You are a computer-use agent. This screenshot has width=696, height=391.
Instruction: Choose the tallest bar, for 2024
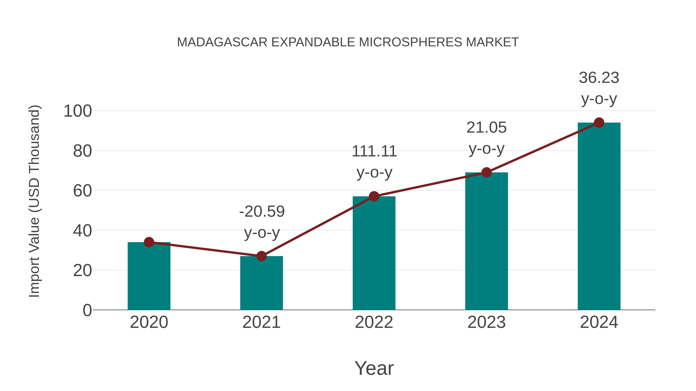599,216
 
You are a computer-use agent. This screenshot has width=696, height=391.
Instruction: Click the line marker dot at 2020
149,242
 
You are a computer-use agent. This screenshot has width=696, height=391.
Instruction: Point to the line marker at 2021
261,256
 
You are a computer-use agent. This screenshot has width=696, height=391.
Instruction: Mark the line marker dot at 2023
486,172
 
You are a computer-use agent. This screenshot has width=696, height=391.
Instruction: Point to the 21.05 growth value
486,128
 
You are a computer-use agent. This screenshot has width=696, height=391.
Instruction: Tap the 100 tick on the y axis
78,111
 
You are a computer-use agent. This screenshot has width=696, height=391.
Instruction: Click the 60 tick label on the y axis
82,191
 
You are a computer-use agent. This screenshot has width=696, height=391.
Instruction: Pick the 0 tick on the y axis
87,310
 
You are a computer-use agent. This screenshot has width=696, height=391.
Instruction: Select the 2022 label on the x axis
374,322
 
